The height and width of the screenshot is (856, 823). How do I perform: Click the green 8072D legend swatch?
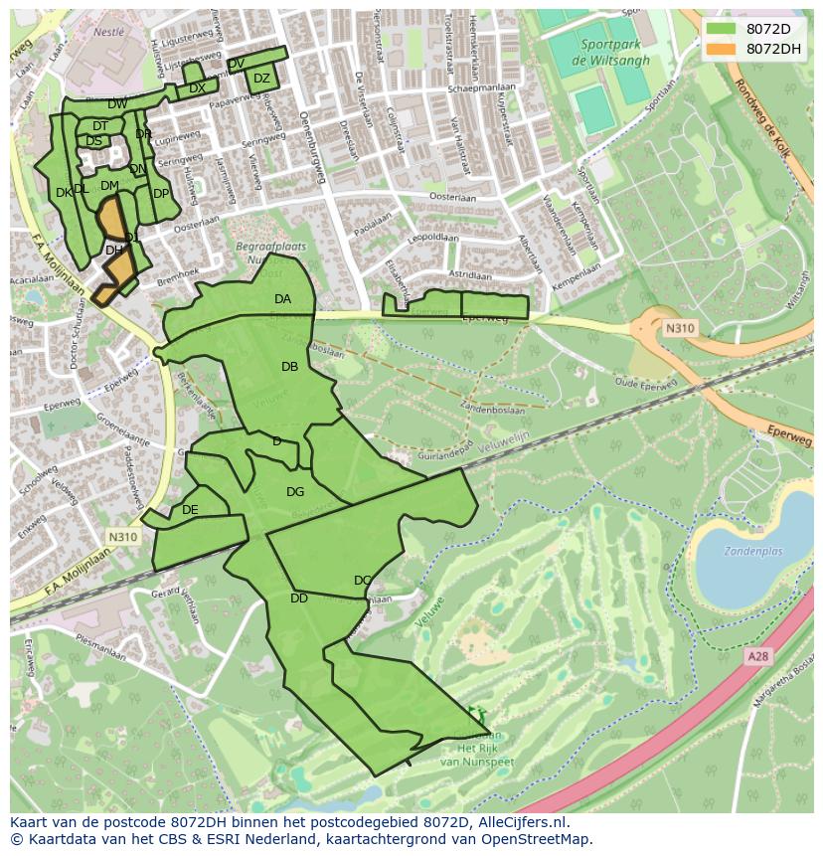[722, 29]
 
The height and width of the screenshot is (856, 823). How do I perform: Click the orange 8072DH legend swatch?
[722, 49]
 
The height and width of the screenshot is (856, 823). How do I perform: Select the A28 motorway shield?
[758, 657]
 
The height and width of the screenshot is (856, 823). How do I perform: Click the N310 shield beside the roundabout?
[680, 328]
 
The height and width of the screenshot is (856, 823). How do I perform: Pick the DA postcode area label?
[283, 299]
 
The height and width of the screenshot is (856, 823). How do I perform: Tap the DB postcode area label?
[289, 367]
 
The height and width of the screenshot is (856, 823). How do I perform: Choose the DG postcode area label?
[295, 492]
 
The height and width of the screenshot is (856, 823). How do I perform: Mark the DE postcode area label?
[190, 510]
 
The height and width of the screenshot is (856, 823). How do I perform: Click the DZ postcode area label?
[261, 79]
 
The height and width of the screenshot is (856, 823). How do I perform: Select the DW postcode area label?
[117, 104]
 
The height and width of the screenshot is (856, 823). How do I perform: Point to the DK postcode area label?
[64, 193]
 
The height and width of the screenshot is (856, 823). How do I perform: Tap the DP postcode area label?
[161, 193]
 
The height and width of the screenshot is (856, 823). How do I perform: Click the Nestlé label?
[108, 32]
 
